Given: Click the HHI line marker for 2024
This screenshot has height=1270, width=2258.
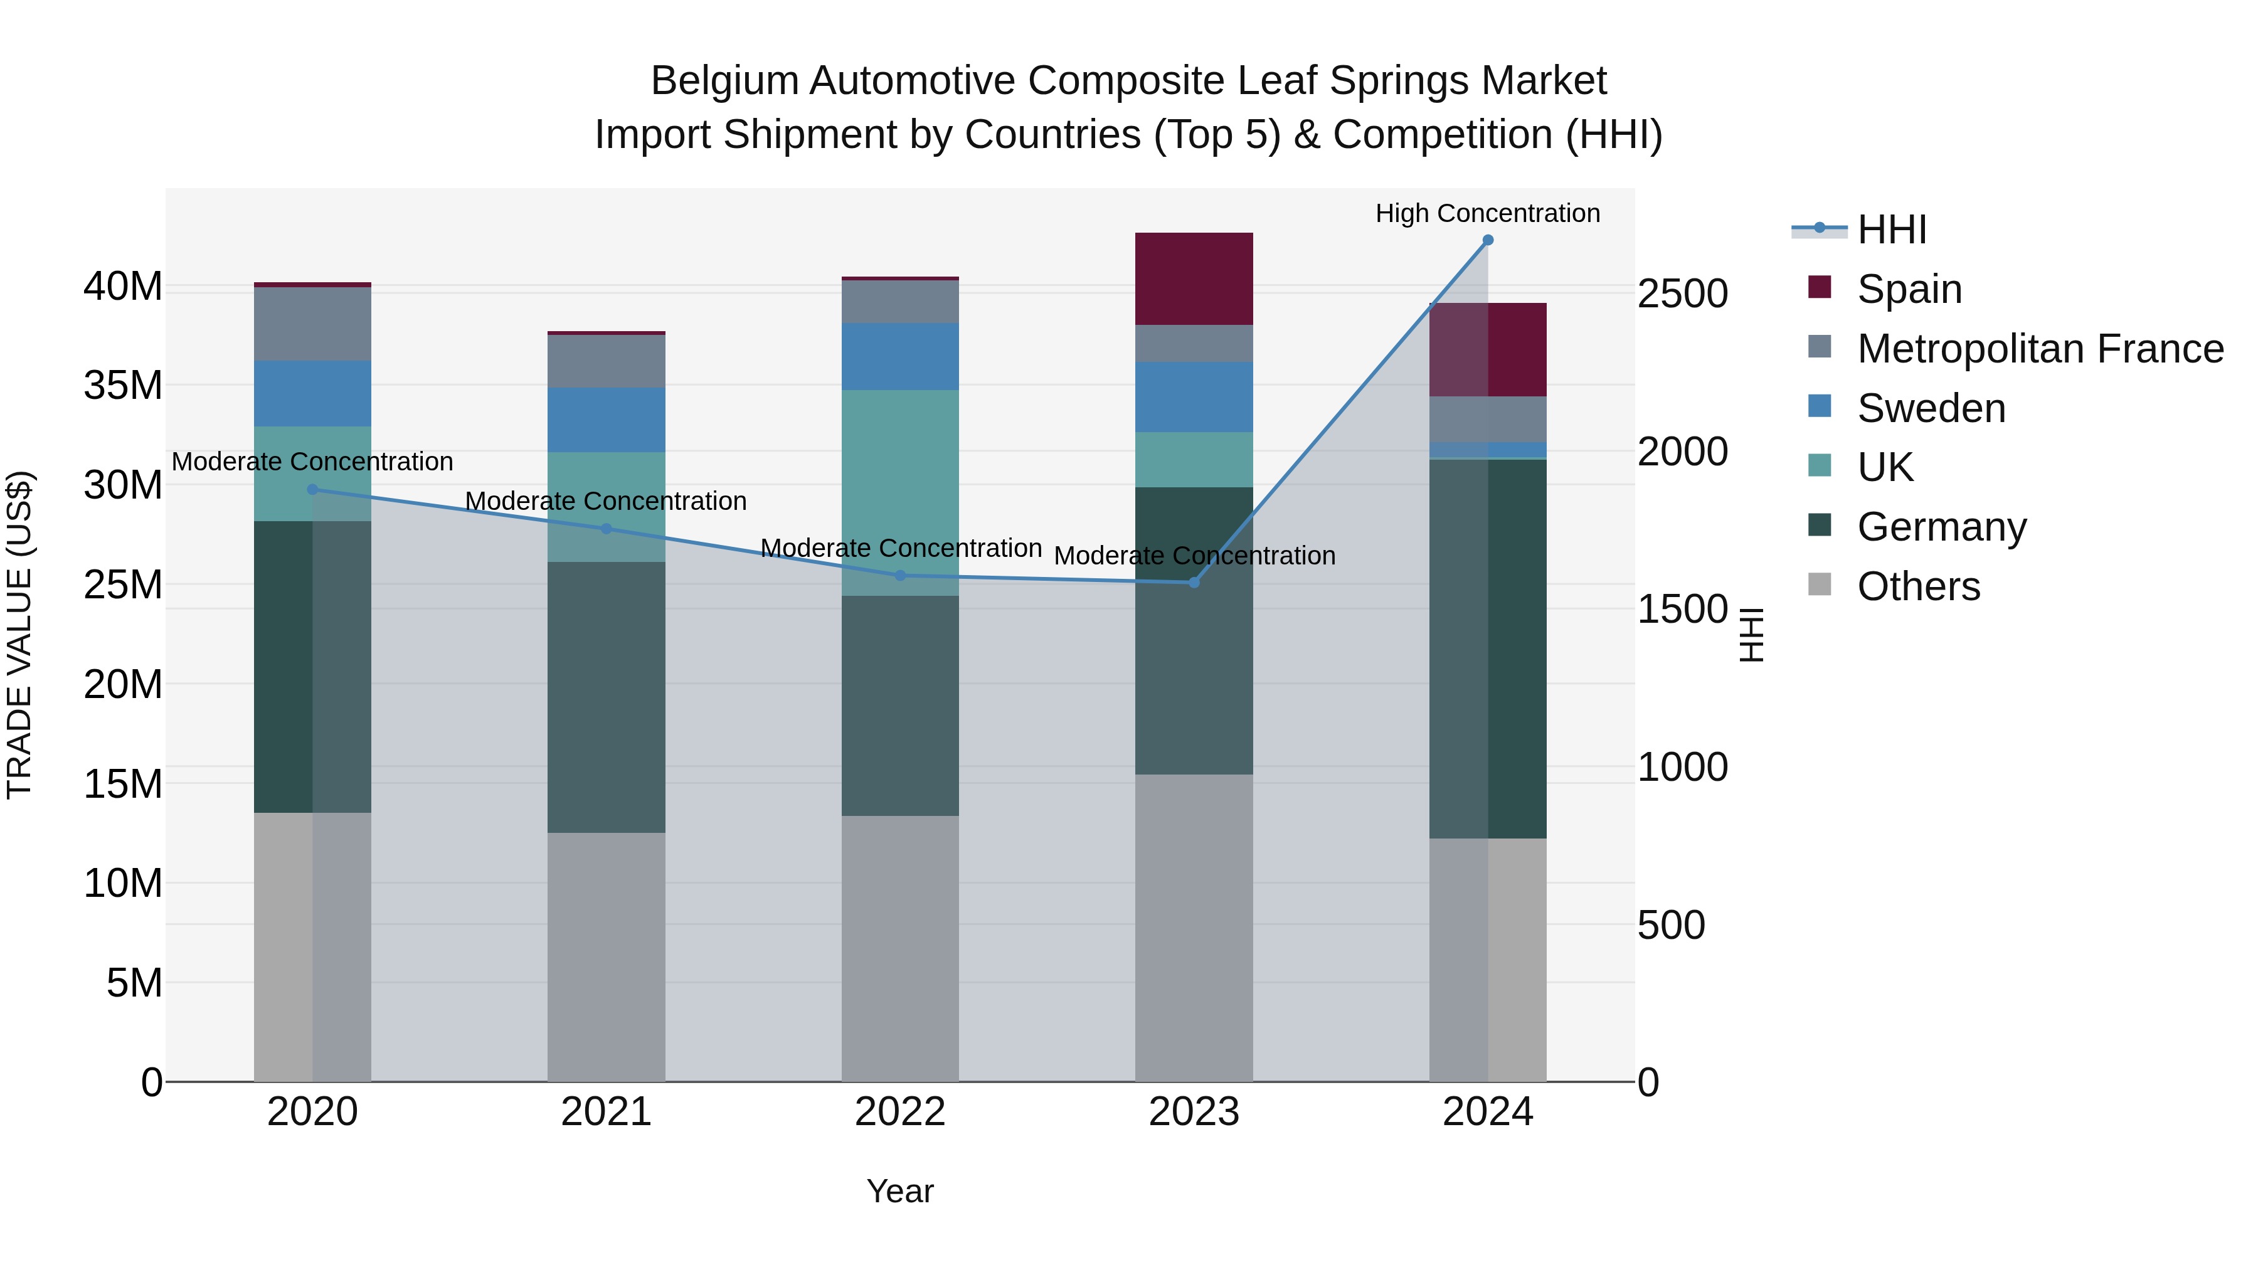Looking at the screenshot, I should point(1488,240).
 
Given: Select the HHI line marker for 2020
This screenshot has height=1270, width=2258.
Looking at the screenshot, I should point(313,490).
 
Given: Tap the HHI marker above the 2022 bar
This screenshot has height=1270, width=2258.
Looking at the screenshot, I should point(900,576).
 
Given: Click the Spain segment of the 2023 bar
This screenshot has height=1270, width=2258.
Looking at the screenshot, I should point(1194,278).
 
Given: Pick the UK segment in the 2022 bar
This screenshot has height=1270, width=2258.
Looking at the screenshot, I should point(900,492).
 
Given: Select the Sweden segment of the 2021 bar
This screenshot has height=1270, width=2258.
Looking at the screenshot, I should point(607,420).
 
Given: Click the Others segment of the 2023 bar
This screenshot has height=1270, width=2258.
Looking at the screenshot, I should point(1194,928).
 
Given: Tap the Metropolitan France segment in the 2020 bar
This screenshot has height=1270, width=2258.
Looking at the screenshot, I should point(313,324).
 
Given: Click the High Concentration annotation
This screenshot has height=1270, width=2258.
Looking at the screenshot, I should point(1488,213).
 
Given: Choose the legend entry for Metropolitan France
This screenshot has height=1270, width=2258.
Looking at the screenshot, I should point(2040,349).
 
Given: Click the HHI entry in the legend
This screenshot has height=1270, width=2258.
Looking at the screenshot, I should point(1892,230).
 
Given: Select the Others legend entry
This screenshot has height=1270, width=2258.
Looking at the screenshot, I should point(1918,586).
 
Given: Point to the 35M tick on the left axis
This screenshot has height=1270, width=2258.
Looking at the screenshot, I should point(123,386).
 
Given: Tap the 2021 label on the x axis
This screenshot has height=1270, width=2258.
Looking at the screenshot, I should point(607,1112).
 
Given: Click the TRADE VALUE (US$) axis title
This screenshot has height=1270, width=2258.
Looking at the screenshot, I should point(19,635).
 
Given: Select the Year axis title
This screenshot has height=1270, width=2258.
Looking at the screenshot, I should point(900,1191).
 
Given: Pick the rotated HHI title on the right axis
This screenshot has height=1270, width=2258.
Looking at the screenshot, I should point(1751,635).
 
